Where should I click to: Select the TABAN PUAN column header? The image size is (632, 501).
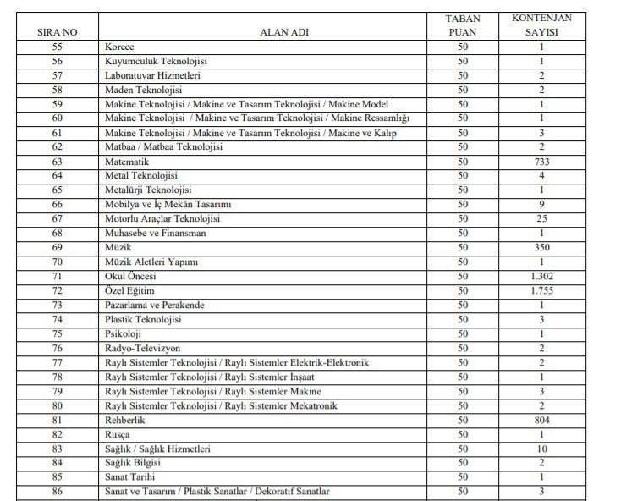[462, 25]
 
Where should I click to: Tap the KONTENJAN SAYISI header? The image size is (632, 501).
[541, 25]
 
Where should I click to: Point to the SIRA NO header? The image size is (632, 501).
[58, 32]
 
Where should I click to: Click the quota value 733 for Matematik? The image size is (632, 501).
[541, 162]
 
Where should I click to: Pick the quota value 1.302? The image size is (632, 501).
[541, 277]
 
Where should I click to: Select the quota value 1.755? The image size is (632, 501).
[541, 291]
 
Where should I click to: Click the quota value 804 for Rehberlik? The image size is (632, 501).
[541, 421]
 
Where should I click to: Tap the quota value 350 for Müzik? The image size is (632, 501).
[541, 248]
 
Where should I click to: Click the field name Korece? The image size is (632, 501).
[119, 47]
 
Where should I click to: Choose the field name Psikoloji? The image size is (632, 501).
[124, 334]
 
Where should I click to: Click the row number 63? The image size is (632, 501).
[58, 162]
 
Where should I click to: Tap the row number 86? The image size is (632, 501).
[58, 492]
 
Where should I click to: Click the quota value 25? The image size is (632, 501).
[541, 219]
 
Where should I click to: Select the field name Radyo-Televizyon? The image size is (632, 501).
[142, 349]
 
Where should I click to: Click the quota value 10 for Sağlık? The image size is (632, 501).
[541, 449]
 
